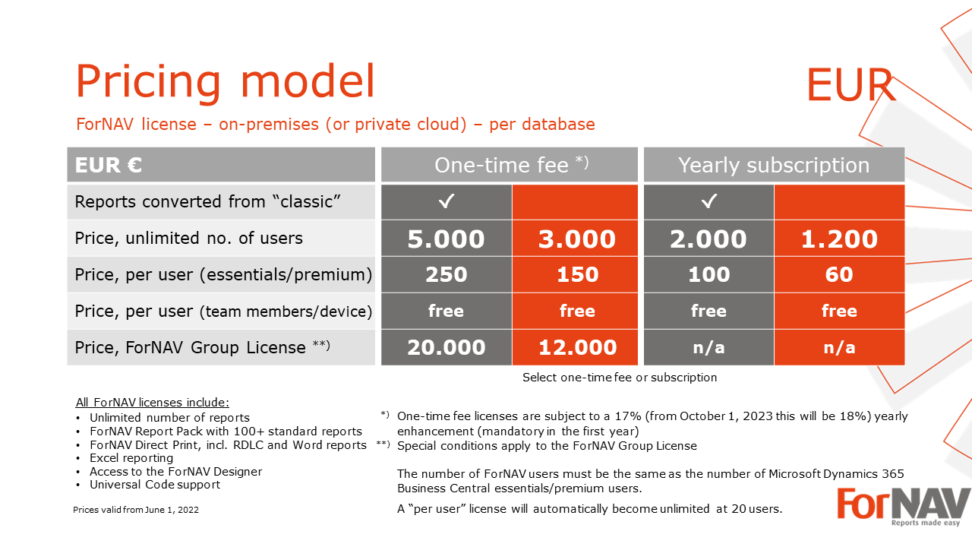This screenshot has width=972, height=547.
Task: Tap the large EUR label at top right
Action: pyautogui.click(x=850, y=85)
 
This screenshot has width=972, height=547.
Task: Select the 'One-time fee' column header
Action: pyautogui.click(x=510, y=165)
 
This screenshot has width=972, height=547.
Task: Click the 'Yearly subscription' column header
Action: pyautogui.click(x=774, y=165)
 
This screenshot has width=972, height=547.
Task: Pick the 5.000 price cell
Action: pyautogui.click(x=447, y=239)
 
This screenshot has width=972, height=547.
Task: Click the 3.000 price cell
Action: pyautogui.click(x=575, y=239)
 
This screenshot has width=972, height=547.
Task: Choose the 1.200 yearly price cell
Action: pyautogui.click(x=839, y=239)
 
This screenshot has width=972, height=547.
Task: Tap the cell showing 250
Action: pyautogui.click(x=447, y=274)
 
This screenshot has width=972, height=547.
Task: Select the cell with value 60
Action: pyautogui.click(x=839, y=274)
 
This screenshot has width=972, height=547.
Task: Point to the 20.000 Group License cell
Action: pyautogui.click(x=447, y=347)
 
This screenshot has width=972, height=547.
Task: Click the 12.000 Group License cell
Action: pyautogui.click(x=575, y=347)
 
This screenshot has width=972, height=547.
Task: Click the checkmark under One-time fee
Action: pyautogui.click(x=447, y=201)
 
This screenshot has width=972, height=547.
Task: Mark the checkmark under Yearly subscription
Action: pyautogui.click(x=709, y=201)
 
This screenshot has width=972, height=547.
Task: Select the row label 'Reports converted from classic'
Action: pyautogui.click(x=207, y=202)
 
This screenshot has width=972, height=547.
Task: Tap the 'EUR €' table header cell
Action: pyautogui.click(x=221, y=165)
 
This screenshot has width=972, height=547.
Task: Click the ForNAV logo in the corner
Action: pyautogui.click(x=904, y=506)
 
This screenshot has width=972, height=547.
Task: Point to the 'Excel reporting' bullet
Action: pyautogui.click(x=131, y=458)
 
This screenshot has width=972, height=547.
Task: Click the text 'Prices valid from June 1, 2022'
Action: pyautogui.click(x=136, y=510)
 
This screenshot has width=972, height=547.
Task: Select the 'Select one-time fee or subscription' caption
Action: pyautogui.click(x=620, y=378)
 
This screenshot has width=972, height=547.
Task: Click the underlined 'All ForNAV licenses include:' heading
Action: pyautogui.click(x=153, y=403)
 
